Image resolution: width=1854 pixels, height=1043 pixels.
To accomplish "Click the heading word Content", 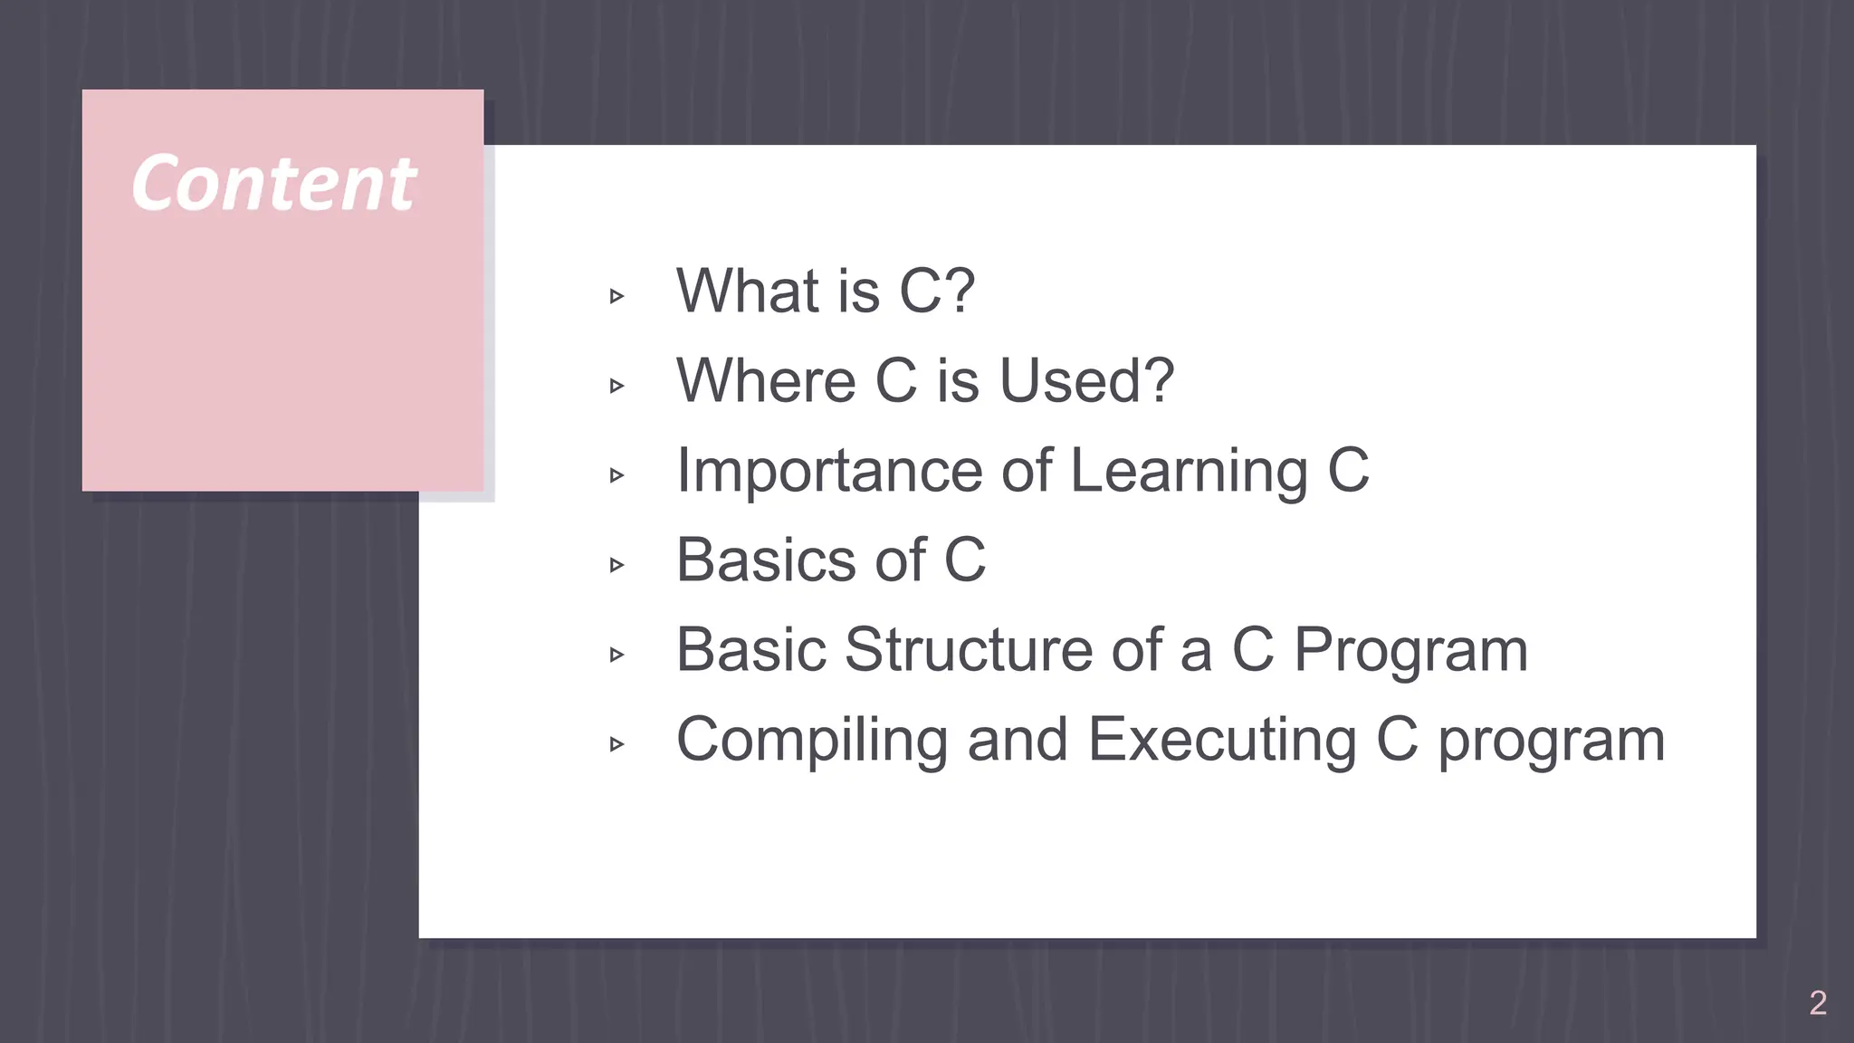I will pyautogui.click(x=273, y=184).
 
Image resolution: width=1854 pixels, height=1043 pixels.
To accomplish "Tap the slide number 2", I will pyautogui.click(x=1818, y=1003).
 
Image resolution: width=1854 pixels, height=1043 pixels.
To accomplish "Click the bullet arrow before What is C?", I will pyautogui.click(x=617, y=296).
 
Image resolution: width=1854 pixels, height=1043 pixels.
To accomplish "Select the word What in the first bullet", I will pyautogui.click(x=747, y=291).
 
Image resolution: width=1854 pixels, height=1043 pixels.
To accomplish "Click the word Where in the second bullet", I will pyautogui.click(x=766, y=380).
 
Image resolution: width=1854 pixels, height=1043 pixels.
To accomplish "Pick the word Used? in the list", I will pyautogui.click(x=1086, y=380).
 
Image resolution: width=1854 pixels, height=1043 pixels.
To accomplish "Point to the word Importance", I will pyautogui.click(x=829, y=471).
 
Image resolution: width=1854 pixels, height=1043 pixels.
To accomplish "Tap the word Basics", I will pyautogui.click(x=766, y=560).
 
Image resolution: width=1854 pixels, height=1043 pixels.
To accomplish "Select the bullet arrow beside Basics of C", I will pyautogui.click(x=617, y=566).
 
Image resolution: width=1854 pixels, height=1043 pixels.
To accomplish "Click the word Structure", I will pyautogui.click(x=969, y=650).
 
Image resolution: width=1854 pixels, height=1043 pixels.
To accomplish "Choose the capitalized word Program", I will pyautogui.click(x=1410, y=650).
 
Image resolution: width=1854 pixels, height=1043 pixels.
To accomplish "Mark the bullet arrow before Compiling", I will pyautogui.click(x=617, y=745).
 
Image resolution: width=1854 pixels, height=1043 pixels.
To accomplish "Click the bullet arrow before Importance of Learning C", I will pyautogui.click(x=617, y=475).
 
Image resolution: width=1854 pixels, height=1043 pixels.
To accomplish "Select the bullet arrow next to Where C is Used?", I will pyautogui.click(x=617, y=387).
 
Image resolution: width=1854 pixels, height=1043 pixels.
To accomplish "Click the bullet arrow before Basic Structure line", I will pyautogui.click(x=617, y=655).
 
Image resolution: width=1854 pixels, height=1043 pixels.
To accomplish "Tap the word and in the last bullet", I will pyautogui.click(x=1018, y=740).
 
